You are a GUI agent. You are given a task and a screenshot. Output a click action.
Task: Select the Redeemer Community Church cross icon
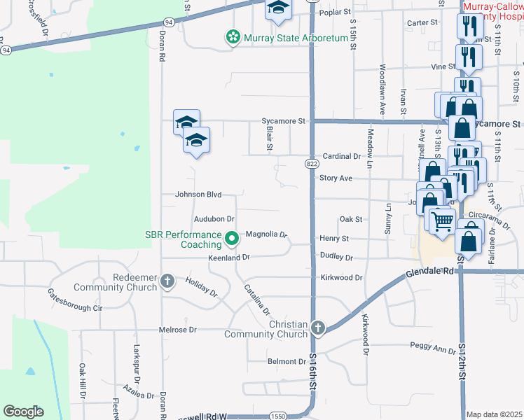click(x=167, y=282)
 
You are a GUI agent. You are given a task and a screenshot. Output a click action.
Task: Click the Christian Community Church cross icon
click(x=317, y=328)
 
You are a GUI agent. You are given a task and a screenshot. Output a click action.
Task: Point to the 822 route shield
click(x=312, y=163)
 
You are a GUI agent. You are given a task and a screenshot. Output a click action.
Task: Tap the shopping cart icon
click(x=442, y=221)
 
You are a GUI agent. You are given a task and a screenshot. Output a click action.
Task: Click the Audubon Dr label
click(x=214, y=220)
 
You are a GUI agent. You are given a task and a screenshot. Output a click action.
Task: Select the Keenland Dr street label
click(x=229, y=258)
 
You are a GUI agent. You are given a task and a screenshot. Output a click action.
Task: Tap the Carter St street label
click(x=422, y=22)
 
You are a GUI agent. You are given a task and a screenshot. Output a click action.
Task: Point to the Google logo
click(x=23, y=412)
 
